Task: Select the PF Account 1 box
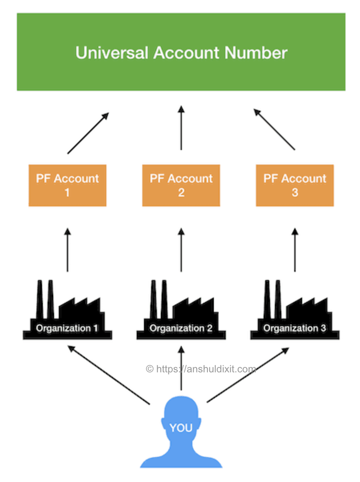coord(67,185)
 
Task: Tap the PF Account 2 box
coord(181,185)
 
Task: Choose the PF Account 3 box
coord(295,185)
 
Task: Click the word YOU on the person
coord(181,428)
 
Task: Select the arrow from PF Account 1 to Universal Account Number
coord(88,133)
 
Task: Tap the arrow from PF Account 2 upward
coord(181,128)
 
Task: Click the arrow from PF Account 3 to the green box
coord(274,129)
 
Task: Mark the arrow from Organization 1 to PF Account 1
coord(67,250)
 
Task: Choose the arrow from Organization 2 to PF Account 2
coord(181,250)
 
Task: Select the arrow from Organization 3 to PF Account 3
coord(295,250)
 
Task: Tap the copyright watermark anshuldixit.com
coord(201,369)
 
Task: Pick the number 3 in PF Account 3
coord(295,193)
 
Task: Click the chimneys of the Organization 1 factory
coord(45,298)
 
